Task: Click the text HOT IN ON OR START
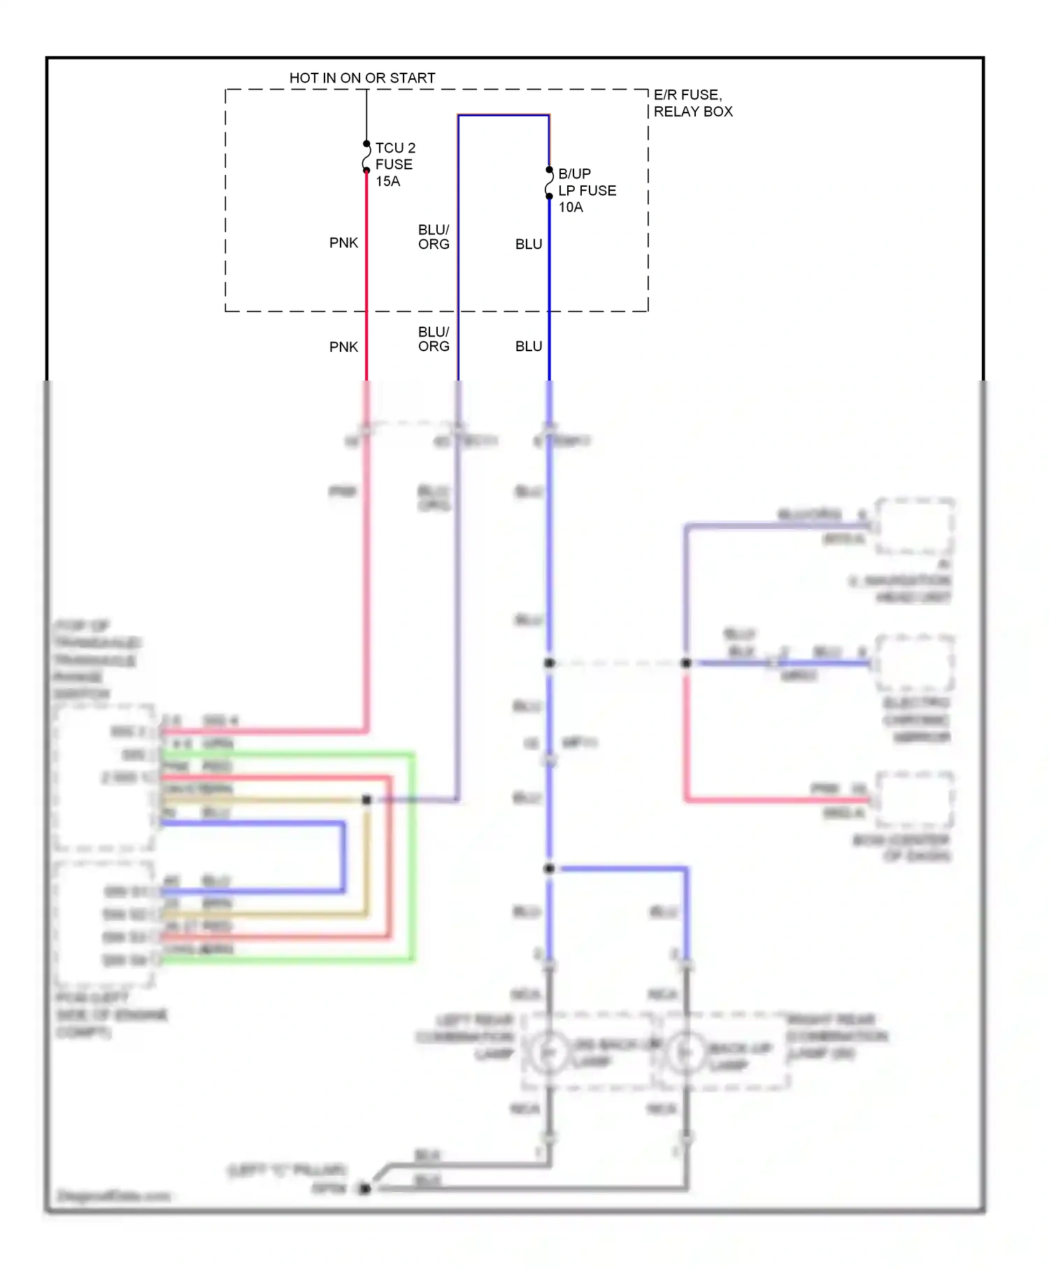click(362, 78)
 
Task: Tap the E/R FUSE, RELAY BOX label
click(692, 103)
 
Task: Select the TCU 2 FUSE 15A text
click(395, 164)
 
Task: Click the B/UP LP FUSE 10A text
click(586, 190)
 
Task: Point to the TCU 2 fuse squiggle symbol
click(366, 157)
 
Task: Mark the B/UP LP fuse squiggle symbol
click(550, 183)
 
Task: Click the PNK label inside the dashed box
click(343, 243)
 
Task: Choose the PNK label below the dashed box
click(343, 347)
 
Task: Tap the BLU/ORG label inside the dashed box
click(434, 237)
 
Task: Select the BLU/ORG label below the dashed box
click(434, 339)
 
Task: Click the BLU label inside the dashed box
click(529, 244)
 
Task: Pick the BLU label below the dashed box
click(529, 346)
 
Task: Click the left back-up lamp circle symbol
click(549, 1051)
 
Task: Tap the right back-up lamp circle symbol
click(686, 1051)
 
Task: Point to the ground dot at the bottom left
click(364, 1189)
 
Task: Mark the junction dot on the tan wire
click(366, 800)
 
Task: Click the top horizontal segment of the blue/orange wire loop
click(504, 115)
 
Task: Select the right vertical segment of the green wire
click(413, 857)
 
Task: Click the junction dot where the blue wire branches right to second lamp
click(550, 869)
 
